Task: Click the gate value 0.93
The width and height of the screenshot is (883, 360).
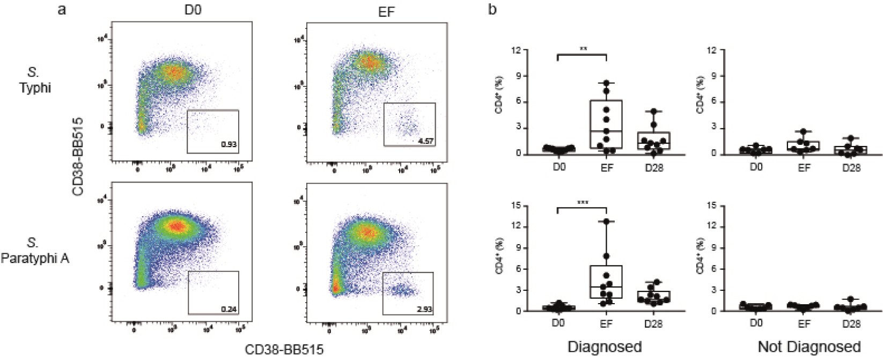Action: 229,145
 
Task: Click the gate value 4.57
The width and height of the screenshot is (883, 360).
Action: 426,141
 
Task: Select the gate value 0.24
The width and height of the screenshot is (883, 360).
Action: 229,309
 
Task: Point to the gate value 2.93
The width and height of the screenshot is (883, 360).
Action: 424,310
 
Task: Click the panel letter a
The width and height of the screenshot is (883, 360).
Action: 62,9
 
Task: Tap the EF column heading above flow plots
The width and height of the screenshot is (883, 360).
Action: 386,11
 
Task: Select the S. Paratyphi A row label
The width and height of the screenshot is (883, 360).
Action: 35,251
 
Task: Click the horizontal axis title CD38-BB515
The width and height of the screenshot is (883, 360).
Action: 284,350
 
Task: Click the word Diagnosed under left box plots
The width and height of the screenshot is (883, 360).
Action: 604,347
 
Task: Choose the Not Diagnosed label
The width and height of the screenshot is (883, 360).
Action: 808,347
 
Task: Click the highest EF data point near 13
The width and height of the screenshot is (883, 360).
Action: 606,221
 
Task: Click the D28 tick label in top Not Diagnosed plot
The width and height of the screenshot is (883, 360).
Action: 851,167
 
